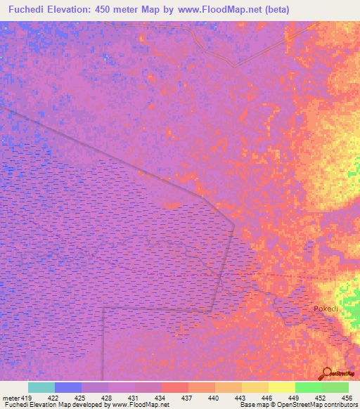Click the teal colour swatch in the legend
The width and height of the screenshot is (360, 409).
click(x=41, y=387)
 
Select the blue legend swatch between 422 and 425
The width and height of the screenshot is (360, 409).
click(x=68, y=387)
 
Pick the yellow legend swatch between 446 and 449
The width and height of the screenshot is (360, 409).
click(x=282, y=387)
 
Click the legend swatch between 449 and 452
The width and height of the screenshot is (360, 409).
click(x=309, y=387)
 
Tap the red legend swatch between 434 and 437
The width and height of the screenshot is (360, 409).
click(x=175, y=387)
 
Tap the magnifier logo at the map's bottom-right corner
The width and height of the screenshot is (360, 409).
click(x=328, y=373)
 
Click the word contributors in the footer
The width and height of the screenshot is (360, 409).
click(x=337, y=405)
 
